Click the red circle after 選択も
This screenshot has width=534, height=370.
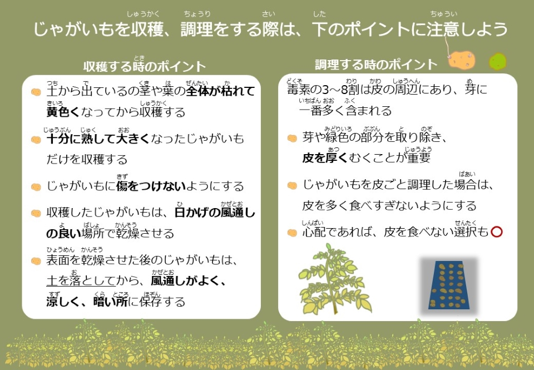(497, 231)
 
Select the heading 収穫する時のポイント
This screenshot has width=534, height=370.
(145, 67)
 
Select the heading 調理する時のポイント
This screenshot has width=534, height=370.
(376, 65)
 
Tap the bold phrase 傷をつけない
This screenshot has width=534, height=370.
(147, 186)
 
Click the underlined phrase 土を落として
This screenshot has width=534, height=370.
(81, 281)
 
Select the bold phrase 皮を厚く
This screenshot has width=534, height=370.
(325, 158)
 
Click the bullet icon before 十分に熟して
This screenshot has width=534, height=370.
(36, 139)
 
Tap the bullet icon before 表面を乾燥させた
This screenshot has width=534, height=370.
(36, 260)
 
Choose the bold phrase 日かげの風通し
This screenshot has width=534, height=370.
(215, 212)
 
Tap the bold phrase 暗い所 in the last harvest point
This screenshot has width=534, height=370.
(111, 302)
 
